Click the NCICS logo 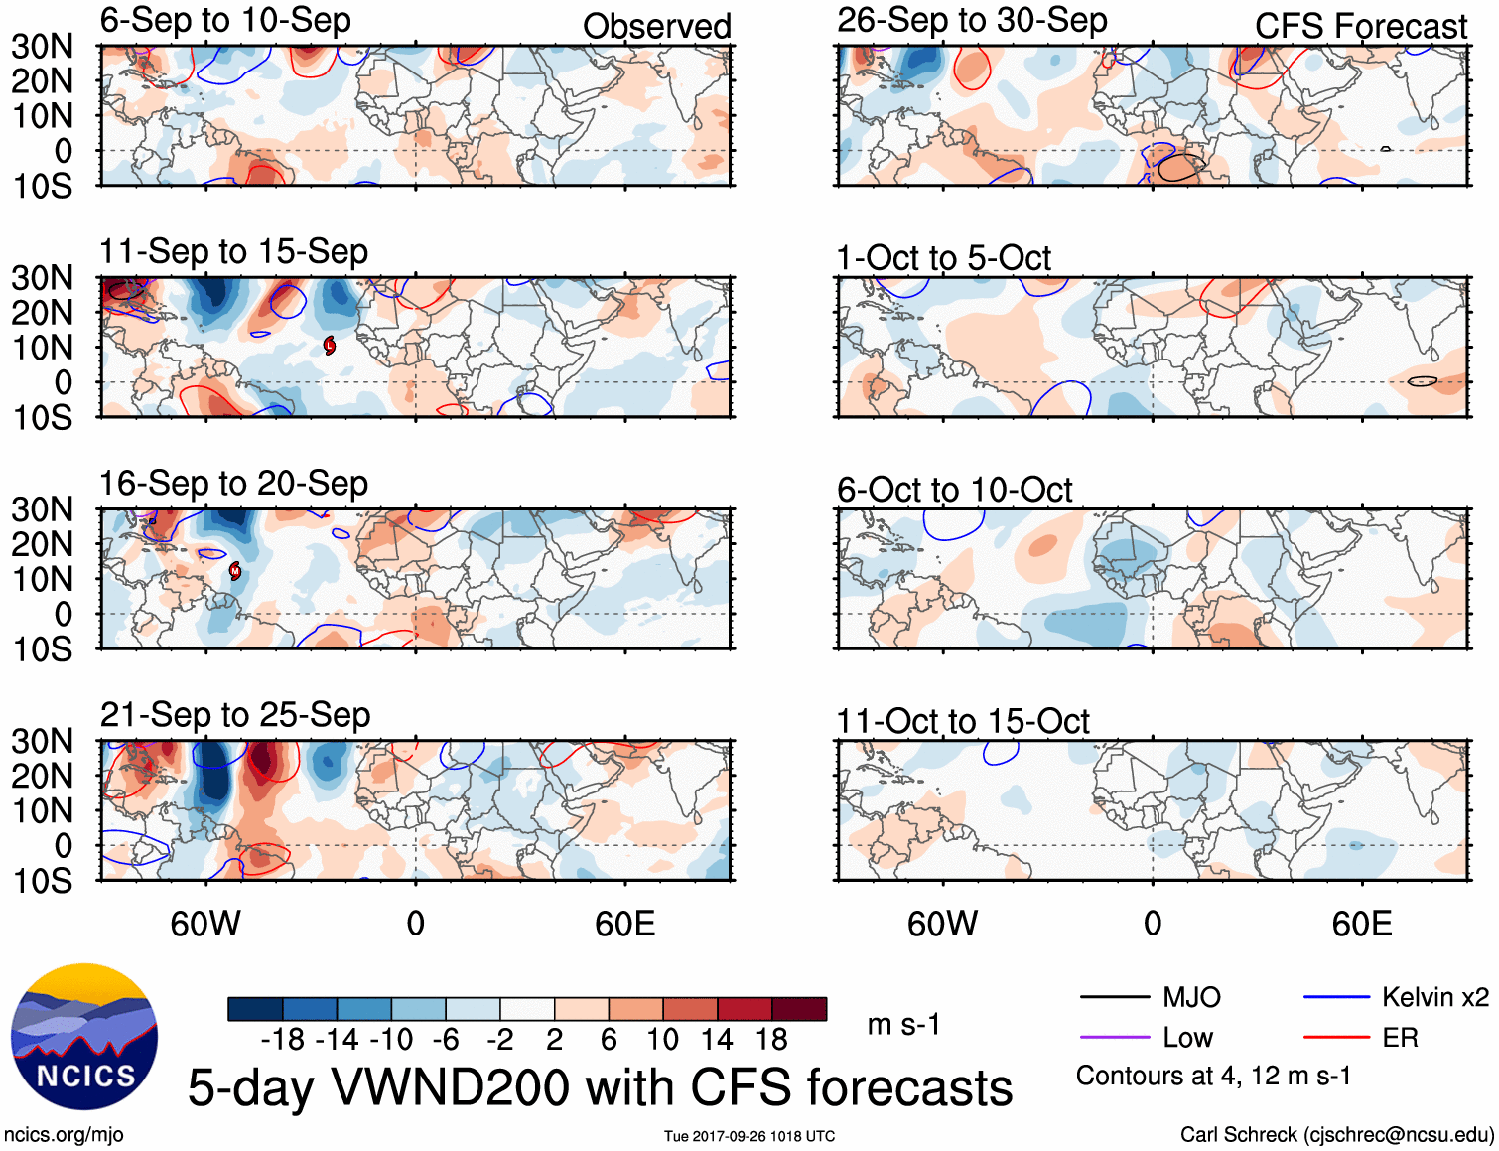[x=84, y=1037]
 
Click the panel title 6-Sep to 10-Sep [x=225, y=20]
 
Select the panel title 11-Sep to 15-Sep [x=233, y=251]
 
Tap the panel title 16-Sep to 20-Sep [x=233, y=484]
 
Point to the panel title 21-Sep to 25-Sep [x=235, y=715]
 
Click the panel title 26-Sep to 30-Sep [x=972, y=20]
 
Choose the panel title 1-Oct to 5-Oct [x=943, y=258]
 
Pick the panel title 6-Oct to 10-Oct [x=954, y=490]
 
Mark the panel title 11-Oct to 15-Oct [x=963, y=721]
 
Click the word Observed [x=656, y=27]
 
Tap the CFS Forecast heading [x=1360, y=27]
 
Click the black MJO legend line [x=1114, y=997]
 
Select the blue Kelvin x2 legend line [x=1336, y=997]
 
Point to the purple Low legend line [x=1114, y=1038]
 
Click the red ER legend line [x=1336, y=1038]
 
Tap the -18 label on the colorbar [x=283, y=1040]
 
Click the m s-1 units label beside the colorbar [x=903, y=1024]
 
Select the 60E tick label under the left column [x=624, y=924]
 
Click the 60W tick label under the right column [x=942, y=924]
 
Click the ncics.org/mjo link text [x=64, y=1135]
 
